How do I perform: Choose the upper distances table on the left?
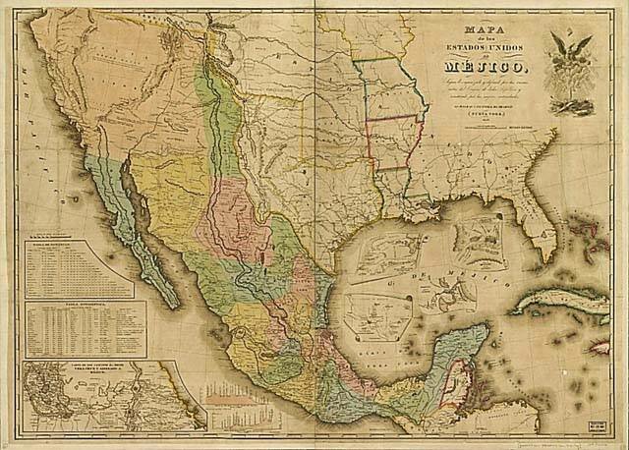click(79, 267)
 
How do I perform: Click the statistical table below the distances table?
click(85, 328)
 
